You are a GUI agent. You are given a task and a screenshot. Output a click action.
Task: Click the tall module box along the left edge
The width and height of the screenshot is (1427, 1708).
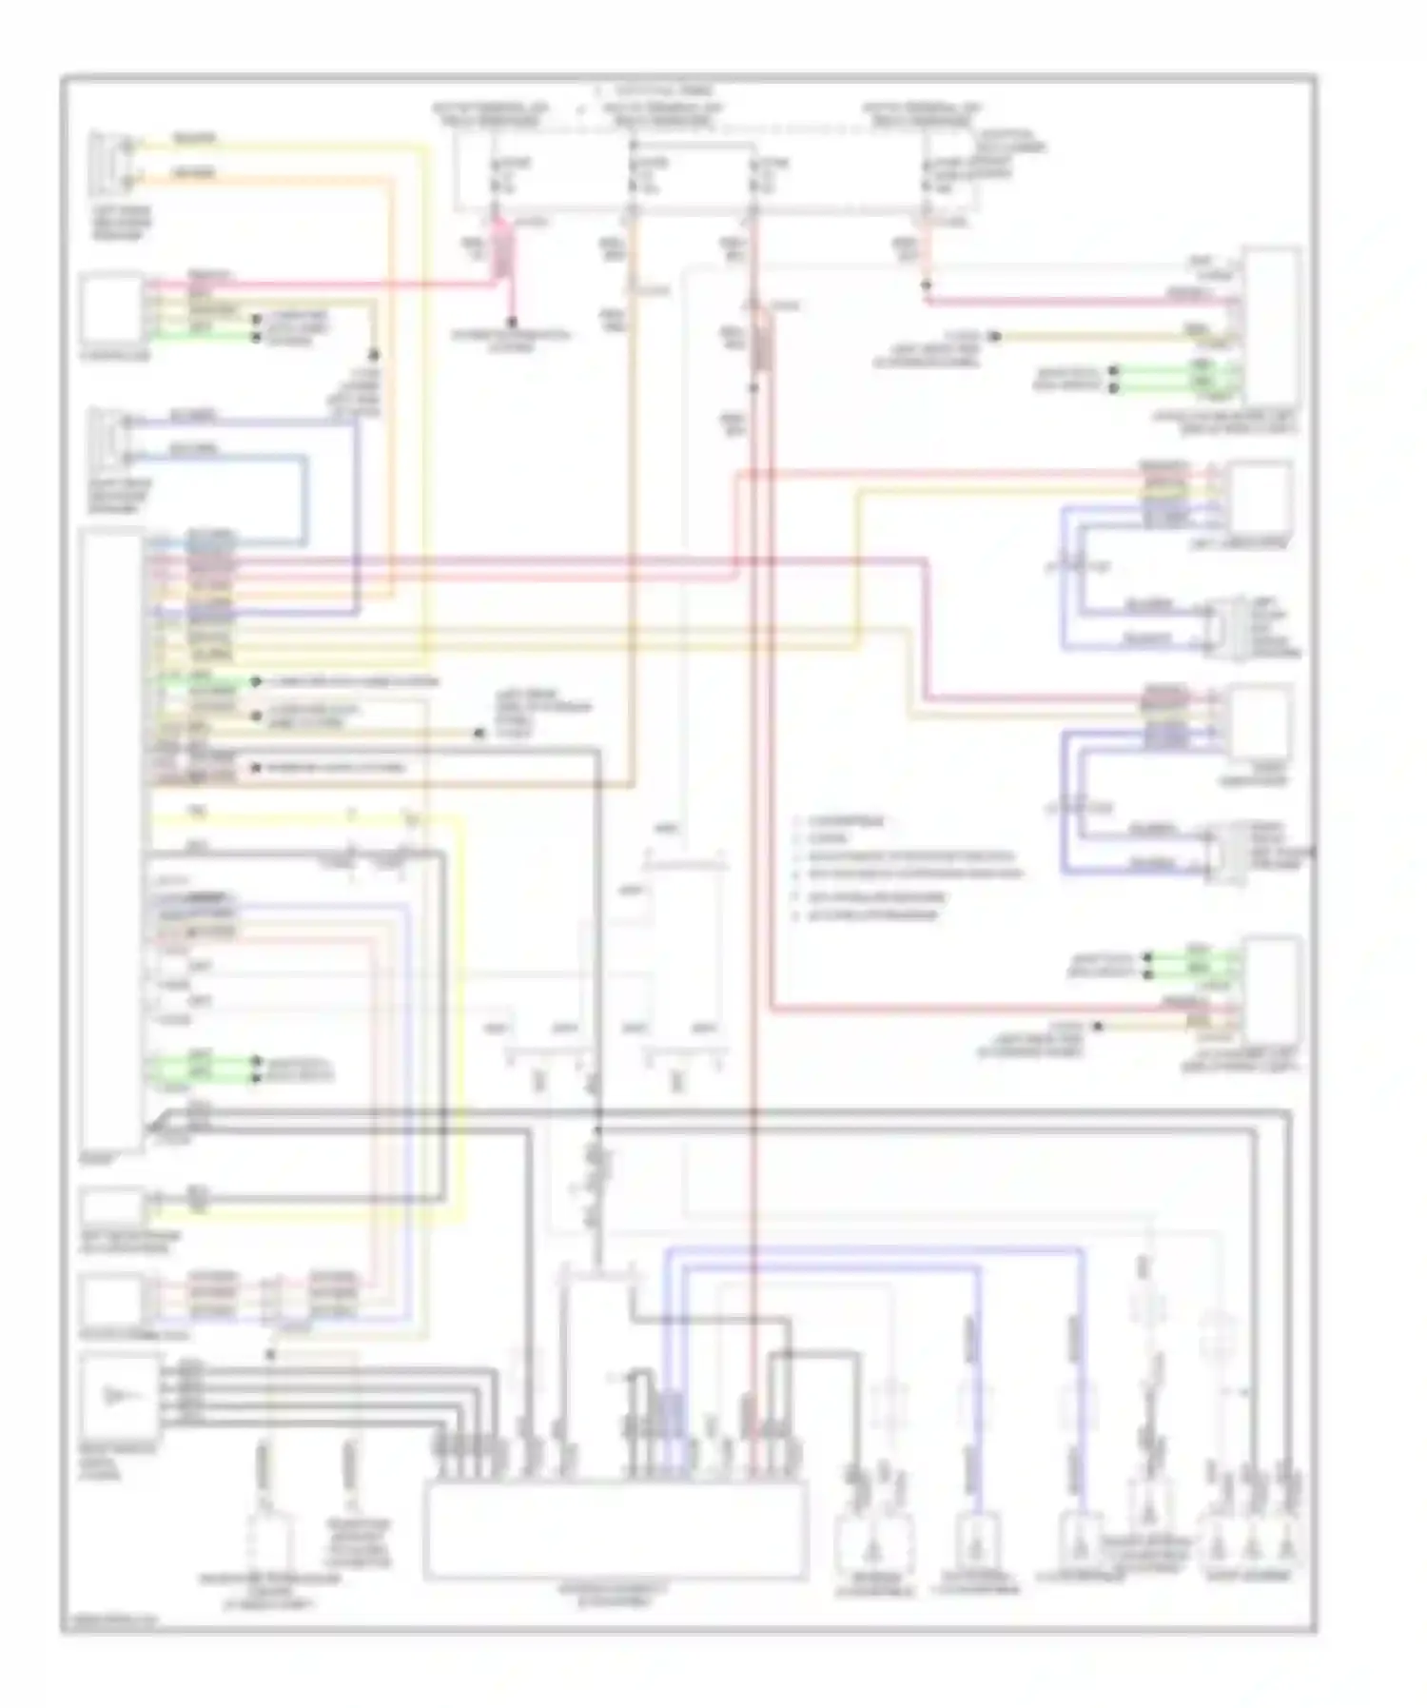click(112, 842)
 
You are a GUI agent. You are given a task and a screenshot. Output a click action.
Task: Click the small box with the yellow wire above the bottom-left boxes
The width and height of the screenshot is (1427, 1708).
click(112, 1207)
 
